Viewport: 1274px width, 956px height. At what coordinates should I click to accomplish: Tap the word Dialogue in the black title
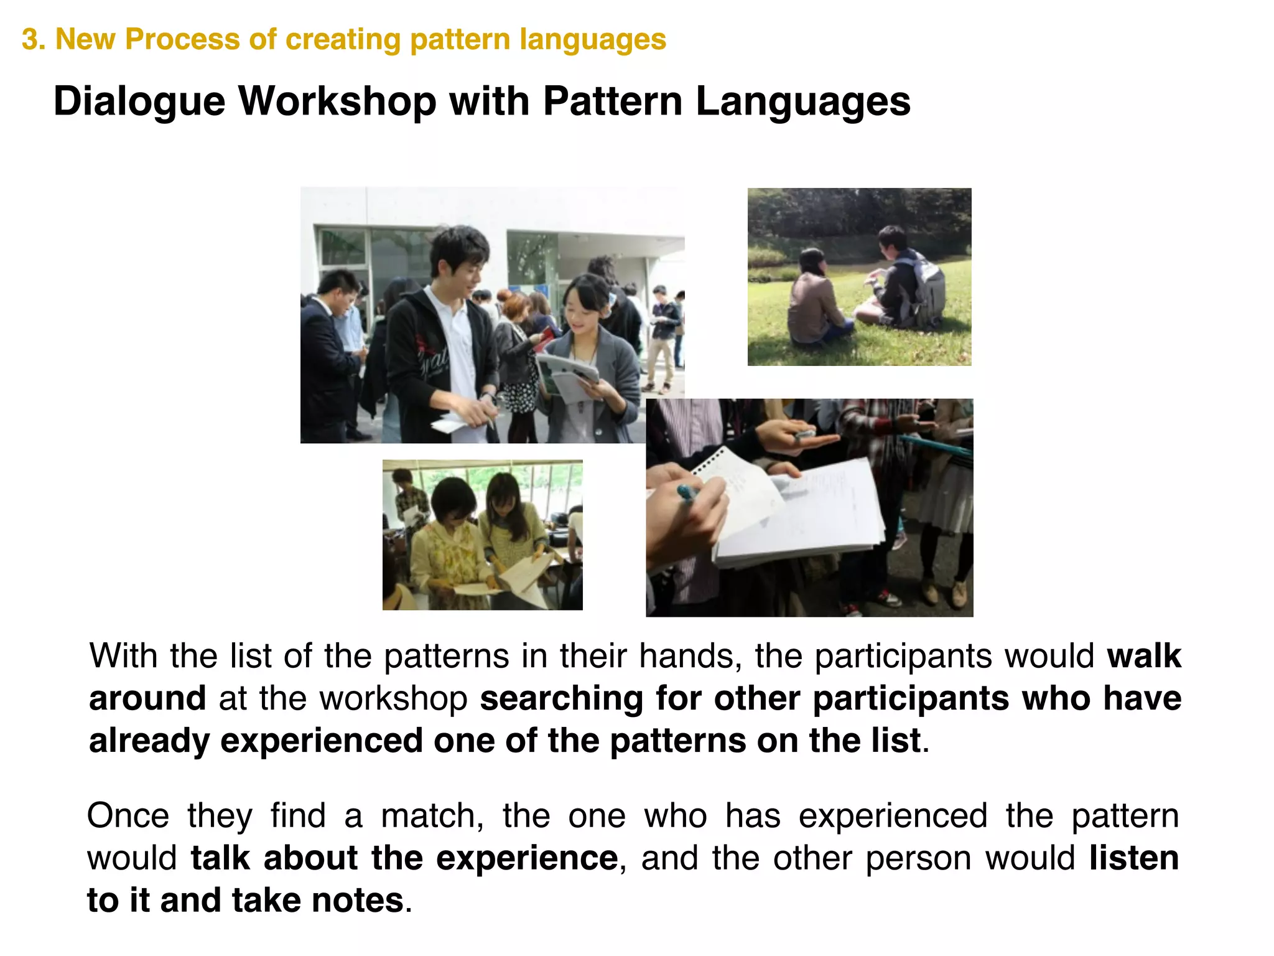tap(139, 101)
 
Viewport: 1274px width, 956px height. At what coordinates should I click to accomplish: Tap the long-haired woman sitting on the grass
tap(812, 302)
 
